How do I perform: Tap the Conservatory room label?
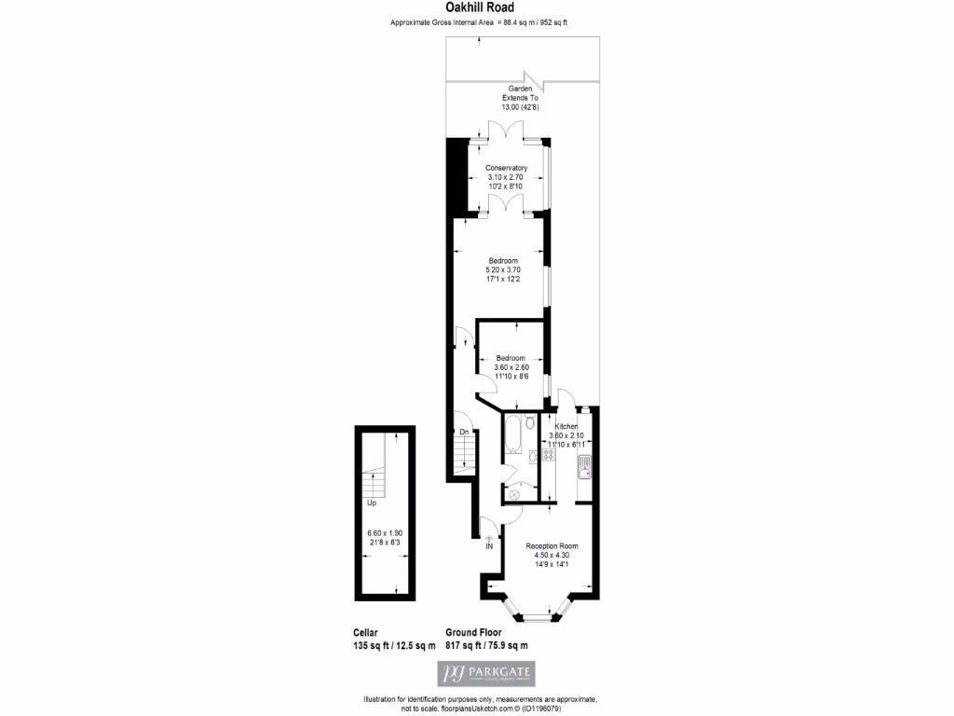click(507, 168)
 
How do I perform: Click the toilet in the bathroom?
click(530, 422)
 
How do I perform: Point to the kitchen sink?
click(583, 467)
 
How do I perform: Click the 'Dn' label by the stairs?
click(463, 432)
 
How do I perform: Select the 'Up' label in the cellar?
click(372, 503)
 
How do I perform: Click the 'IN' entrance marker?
click(488, 545)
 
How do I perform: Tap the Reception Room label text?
click(552, 545)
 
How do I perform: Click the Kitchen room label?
click(567, 427)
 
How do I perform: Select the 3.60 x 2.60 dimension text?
click(510, 367)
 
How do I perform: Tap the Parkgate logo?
click(486, 673)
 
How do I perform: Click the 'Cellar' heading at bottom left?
click(366, 632)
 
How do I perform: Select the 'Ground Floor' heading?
click(473, 632)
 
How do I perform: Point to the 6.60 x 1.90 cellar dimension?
click(382, 533)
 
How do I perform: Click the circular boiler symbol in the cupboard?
click(513, 494)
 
